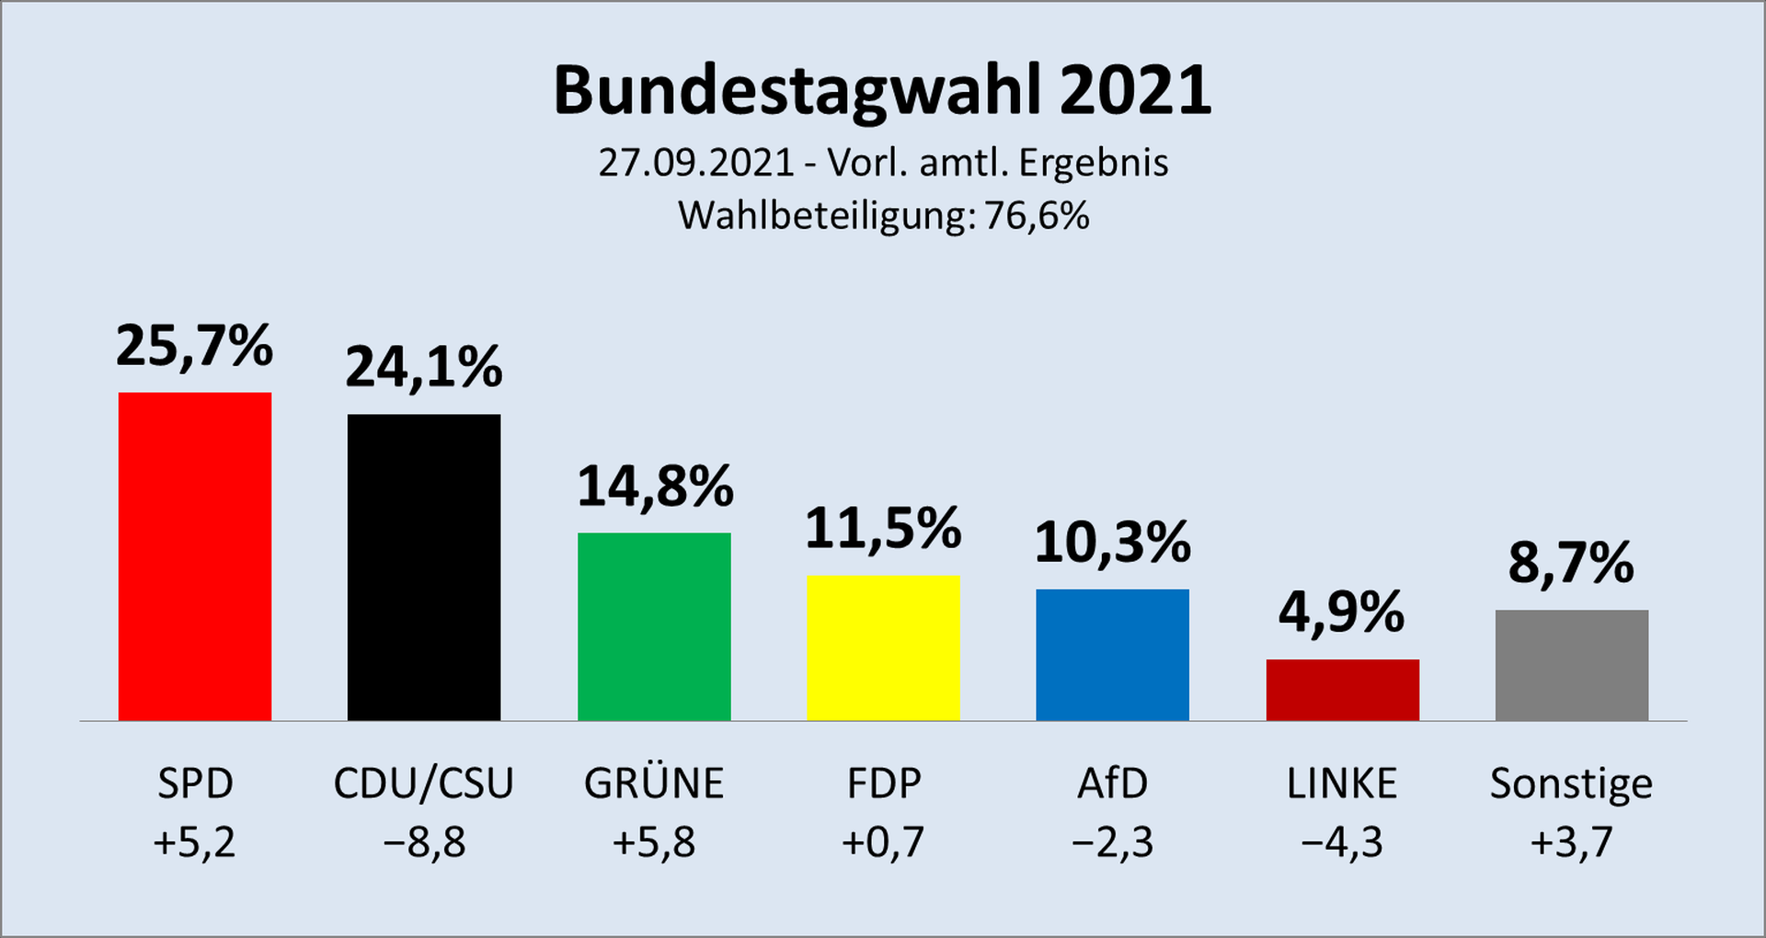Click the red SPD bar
click(195, 556)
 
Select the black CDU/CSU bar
click(424, 567)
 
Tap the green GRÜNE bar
click(654, 626)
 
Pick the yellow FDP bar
click(883, 647)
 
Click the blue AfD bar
click(1112, 655)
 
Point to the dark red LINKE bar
click(1342, 690)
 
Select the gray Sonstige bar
click(1571, 665)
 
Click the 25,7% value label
click(195, 347)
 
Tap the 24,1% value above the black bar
click(424, 368)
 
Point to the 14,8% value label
click(655, 486)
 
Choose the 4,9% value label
click(1342, 612)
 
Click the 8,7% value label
click(1571, 563)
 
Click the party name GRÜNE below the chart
click(654, 783)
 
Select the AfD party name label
click(1112, 784)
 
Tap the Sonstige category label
click(1571, 784)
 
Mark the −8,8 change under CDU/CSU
click(424, 842)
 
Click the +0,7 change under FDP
click(883, 842)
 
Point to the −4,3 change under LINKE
click(1342, 842)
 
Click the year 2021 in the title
click(1135, 90)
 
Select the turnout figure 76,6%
click(1037, 216)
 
